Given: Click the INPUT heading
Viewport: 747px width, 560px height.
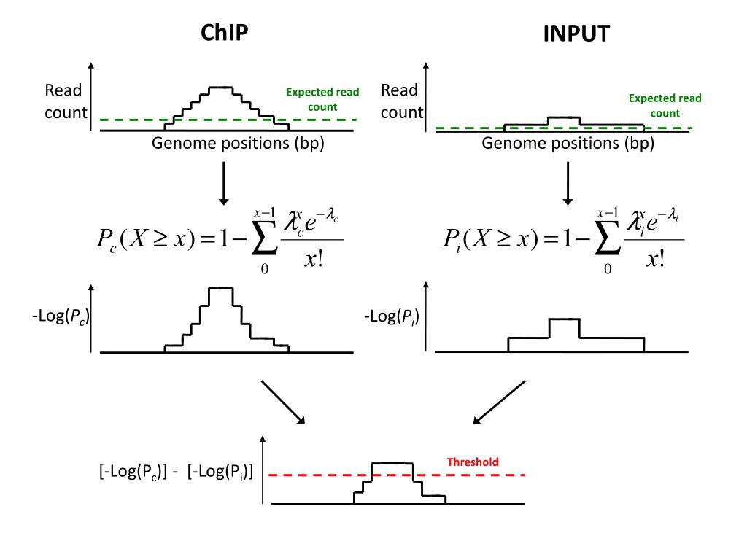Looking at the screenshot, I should click(576, 34).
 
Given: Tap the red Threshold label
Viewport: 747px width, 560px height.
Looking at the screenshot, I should click(473, 462).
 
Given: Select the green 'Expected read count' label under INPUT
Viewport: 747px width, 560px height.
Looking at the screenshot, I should click(665, 106).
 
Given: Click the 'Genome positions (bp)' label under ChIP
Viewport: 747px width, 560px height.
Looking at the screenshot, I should click(238, 143).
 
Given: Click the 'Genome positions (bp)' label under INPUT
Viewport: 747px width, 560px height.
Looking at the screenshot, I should click(568, 143).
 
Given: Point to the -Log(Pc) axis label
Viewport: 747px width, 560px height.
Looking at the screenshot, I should click(61, 318).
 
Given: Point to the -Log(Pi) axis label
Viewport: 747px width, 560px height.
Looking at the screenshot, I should click(392, 318).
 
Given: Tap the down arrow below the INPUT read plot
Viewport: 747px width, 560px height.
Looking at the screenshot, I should click(568, 183).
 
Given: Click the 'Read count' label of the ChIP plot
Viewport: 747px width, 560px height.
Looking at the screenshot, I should click(64, 101).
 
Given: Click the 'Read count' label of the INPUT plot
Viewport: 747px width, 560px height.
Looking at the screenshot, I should click(401, 101).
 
